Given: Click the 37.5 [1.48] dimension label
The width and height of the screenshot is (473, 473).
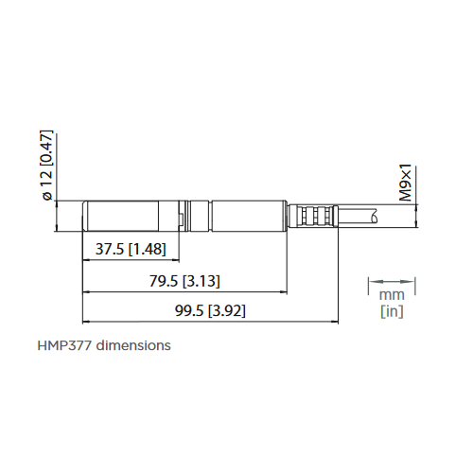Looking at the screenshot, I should pyautogui.click(x=131, y=249).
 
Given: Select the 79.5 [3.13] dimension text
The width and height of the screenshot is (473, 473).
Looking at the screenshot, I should pyautogui.click(x=186, y=282).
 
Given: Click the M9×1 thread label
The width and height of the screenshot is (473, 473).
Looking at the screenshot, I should pyautogui.click(x=406, y=184).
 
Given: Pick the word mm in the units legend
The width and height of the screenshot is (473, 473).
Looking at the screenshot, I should pyautogui.click(x=391, y=296).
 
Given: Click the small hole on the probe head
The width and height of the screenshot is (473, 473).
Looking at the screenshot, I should pyautogui.click(x=180, y=221).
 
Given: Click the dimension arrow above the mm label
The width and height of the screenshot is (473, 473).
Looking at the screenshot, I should pyautogui.click(x=390, y=281).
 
